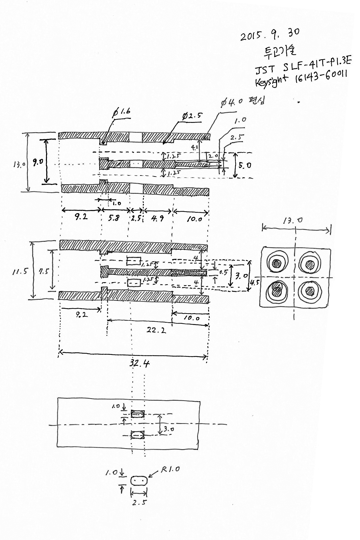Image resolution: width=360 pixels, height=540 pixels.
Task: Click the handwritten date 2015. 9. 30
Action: (x=269, y=34)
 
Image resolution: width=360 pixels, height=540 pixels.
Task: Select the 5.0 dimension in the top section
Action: (x=245, y=165)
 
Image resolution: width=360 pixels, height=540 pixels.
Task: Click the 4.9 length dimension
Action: (x=157, y=218)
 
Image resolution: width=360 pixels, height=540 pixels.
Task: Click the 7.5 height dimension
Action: (x=43, y=270)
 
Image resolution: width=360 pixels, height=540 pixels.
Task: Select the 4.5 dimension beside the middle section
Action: (x=254, y=282)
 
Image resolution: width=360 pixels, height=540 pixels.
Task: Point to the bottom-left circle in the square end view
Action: (x=277, y=290)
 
